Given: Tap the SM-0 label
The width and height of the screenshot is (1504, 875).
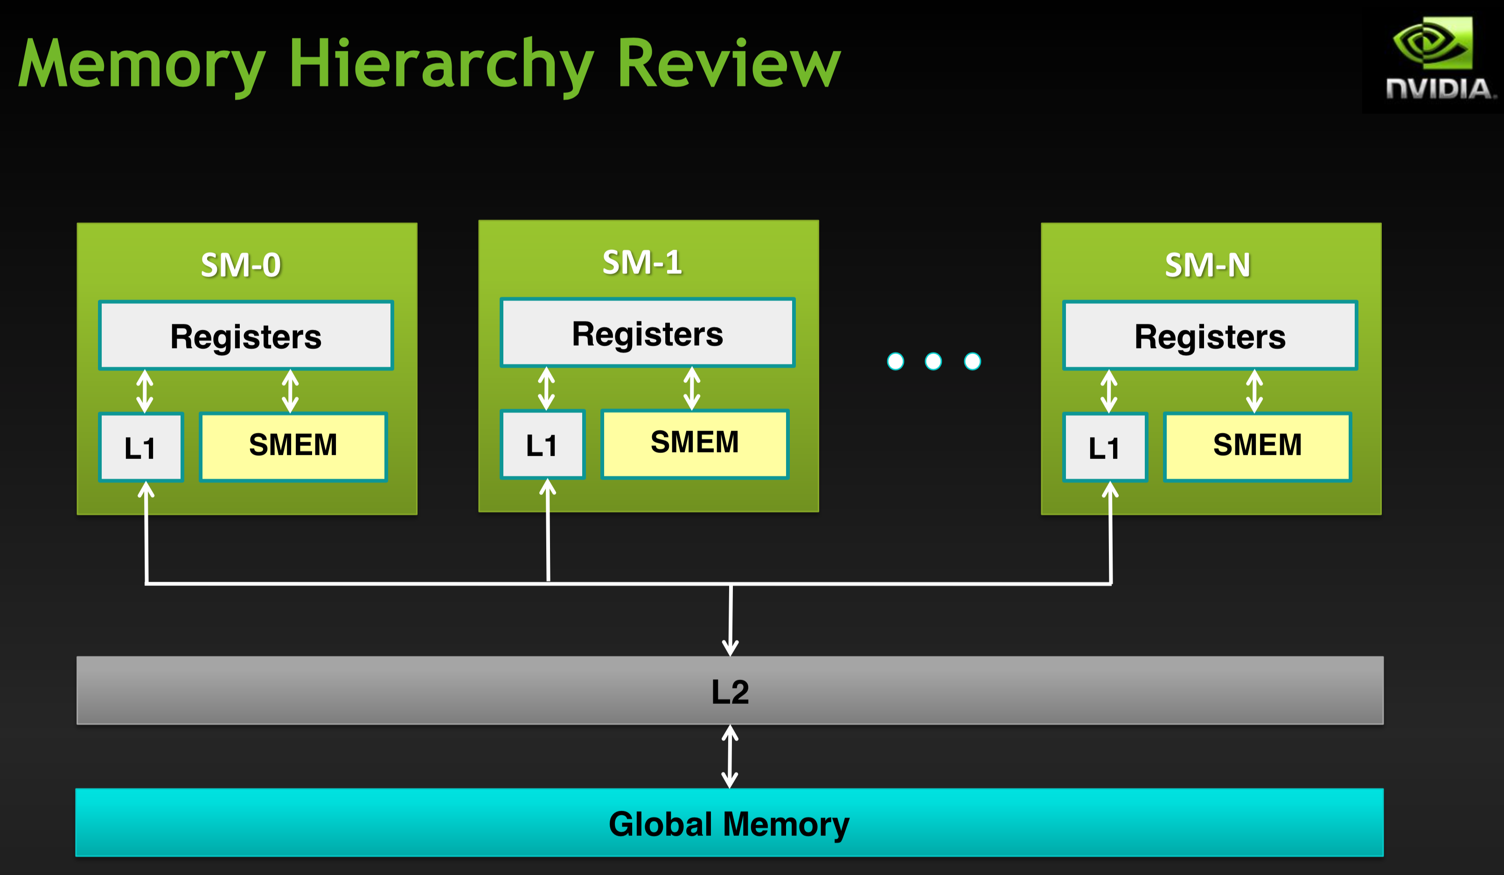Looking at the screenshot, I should click(241, 265).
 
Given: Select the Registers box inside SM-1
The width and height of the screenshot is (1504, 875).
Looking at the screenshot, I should click(648, 333).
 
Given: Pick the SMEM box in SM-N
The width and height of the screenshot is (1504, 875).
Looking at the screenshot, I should click(1257, 446).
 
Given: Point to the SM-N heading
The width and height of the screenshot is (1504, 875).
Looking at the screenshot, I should click(1207, 265).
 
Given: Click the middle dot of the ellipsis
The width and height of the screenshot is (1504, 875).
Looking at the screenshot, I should click(933, 361).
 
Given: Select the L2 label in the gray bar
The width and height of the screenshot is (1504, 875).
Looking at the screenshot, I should click(730, 691).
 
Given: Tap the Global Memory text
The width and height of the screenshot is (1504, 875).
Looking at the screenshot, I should click(729, 824).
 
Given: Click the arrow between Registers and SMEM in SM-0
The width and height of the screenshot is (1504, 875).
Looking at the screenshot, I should click(290, 391).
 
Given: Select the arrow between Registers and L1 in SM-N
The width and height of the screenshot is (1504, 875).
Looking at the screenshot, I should click(1109, 391).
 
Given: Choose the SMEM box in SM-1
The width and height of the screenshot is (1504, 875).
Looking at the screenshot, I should click(695, 444).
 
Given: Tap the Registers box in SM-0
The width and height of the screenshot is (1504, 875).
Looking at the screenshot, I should click(246, 336).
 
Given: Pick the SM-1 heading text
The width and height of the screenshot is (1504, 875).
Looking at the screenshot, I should click(642, 262).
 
